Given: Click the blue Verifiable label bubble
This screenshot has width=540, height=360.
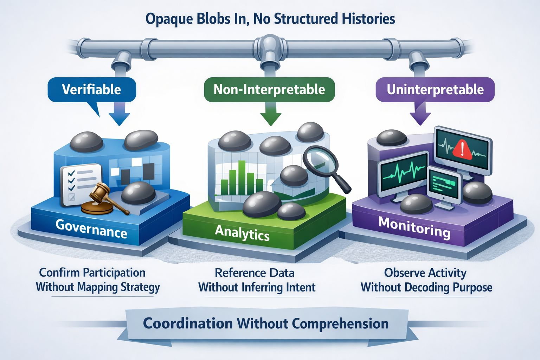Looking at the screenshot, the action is pos(92,90).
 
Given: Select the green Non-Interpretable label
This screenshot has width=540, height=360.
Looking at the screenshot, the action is pos(269,90).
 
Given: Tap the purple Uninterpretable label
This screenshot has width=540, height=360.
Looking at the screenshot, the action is pos(435,90).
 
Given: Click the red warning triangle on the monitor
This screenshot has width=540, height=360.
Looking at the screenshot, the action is pos(462,149).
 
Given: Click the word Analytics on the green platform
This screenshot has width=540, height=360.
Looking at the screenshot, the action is pos(242,233).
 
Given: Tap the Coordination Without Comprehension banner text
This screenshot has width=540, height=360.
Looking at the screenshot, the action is pos(266,323).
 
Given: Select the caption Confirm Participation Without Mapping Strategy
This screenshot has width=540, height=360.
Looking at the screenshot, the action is pos(98,280).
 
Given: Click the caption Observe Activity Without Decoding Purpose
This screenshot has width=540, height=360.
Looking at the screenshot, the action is pos(426,280).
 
